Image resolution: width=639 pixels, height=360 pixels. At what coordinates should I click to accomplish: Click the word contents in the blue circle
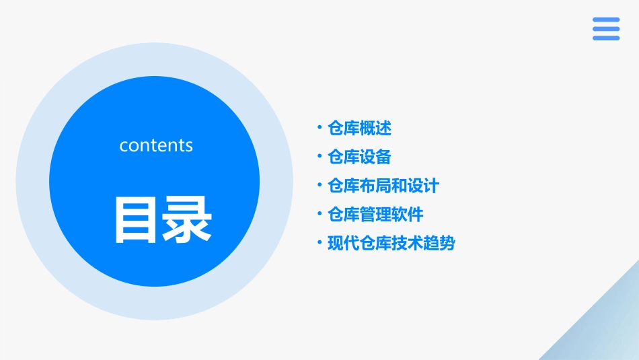pyautogui.click(x=156, y=145)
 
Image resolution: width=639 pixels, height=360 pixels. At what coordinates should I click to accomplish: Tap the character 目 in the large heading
pyautogui.click(x=137, y=220)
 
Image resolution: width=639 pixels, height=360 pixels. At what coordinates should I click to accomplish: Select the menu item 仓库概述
pyautogui.click(x=359, y=128)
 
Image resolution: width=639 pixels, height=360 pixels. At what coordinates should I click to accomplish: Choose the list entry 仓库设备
pyautogui.click(x=359, y=157)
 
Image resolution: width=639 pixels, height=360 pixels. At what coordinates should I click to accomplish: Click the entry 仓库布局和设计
pyautogui.click(x=383, y=186)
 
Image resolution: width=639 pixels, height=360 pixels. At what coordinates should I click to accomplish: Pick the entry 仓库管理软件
pyautogui.click(x=375, y=215)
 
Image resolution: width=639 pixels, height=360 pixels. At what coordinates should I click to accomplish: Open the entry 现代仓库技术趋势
pyautogui.click(x=391, y=243)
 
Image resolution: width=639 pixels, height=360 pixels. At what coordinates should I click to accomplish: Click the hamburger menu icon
pyautogui.click(x=606, y=29)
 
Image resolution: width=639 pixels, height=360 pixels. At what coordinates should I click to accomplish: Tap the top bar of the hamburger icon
pyautogui.click(x=606, y=20)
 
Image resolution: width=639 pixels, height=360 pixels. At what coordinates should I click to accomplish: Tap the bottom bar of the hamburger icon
pyautogui.click(x=606, y=38)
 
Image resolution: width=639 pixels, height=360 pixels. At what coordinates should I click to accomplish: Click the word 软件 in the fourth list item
pyautogui.click(x=408, y=215)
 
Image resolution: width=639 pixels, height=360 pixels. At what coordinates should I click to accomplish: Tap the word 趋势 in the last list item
pyautogui.click(x=439, y=243)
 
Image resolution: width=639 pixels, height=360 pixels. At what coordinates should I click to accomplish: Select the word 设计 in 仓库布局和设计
pyautogui.click(x=423, y=186)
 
